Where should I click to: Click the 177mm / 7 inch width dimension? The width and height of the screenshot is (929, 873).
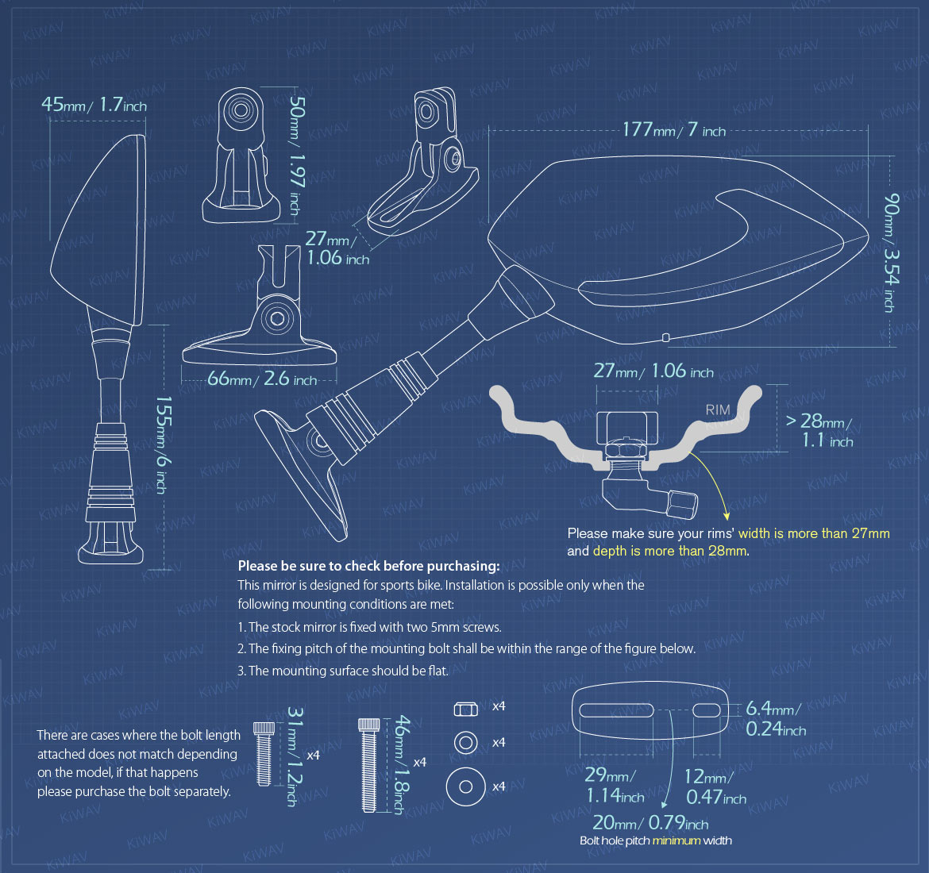(x=673, y=129)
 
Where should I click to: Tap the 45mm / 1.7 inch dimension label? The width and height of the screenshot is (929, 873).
(x=94, y=105)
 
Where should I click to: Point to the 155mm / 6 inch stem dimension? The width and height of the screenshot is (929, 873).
(x=163, y=444)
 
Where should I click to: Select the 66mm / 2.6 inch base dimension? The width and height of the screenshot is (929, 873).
(x=262, y=379)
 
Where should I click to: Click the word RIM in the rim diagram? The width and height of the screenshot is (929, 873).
(x=718, y=410)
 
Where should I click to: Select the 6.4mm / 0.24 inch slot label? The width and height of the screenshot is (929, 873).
(x=775, y=717)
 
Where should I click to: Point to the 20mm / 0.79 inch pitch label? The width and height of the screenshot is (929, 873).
(x=650, y=823)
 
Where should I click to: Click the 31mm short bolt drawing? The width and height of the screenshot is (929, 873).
(x=264, y=753)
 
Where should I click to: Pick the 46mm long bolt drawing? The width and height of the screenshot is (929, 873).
(x=368, y=764)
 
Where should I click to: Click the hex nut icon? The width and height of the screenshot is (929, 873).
(x=465, y=709)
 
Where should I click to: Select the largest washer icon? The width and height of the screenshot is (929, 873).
(x=465, y=786)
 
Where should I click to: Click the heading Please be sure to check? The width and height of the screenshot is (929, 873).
(x=368, y=566)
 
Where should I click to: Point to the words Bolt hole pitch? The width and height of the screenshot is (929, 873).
(x=615, y=840)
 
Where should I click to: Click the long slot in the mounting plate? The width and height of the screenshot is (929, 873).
(x=616, y=710)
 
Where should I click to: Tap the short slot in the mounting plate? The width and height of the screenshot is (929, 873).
(x=706, y=710)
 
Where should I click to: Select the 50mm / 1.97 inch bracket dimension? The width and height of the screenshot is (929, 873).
(x=296, y=156)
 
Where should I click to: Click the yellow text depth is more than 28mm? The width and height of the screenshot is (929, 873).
(x=669, y=551)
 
